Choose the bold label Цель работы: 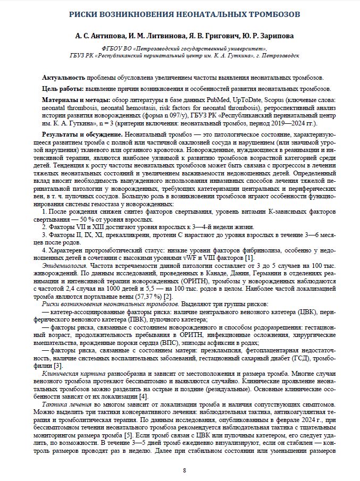tap(62, 88)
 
